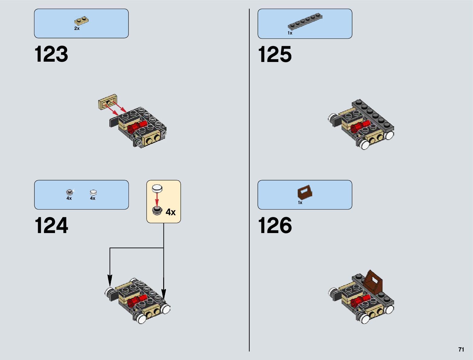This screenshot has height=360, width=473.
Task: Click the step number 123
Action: pyautogui.click(x=51, y=54)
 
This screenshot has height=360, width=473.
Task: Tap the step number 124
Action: pyautogui.click(x=51, y=225)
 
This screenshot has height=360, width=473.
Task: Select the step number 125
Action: pyautogui.click(x=275, y=54)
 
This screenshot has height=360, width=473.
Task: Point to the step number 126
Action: pyautogui.click(x=275, y=225)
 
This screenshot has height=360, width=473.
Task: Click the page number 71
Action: pyautogui.click(x=461, y=349)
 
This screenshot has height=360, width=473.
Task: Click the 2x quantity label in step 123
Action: pyautogui.click(x=77, y=28)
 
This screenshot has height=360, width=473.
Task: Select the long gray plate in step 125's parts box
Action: pyautogui.click(x=305, y=21)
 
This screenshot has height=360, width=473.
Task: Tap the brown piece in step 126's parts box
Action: pyautogui.click(x=305, y=192)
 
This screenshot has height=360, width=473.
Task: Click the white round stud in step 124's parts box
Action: pyautogui.click(x=93, y=192)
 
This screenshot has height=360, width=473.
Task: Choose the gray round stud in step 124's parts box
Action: pyautogui.click(x=70, y=192)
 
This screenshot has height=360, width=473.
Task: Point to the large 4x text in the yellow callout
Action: pyautogui.click(x=170, y=212)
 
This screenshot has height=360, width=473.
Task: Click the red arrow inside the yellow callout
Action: pyautogui.click(x=157, y=199)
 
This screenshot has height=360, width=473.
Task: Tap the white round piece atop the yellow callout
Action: pyautogui.click(x=157, y=189)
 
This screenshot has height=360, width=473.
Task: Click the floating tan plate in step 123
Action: pyautogui.click(x=108, y=101)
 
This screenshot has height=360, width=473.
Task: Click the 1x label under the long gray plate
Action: pyautogui.click(x=290, y=33)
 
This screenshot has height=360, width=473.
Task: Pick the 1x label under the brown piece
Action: pyautogui.click(x=300, y=203)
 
